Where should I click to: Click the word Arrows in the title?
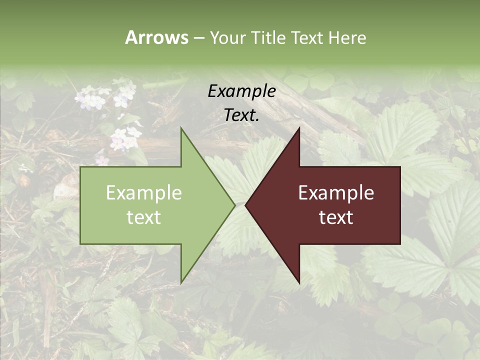pos(156,37)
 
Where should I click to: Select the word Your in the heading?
pos(228,38)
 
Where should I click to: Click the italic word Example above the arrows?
pos(241,91)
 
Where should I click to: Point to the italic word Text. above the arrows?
pos(241,115)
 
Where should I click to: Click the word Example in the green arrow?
pos(144,193)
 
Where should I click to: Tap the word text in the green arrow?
pos(144,217)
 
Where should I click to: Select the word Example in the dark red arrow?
pos(336,193)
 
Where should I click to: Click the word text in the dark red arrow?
pos(336,217)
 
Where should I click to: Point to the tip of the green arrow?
pos(235,205)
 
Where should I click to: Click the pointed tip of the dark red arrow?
pos(245,205)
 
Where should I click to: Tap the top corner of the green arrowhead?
pos(181,128)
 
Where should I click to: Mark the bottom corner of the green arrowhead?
pos(181,283)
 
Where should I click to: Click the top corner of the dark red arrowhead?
pos(299,128)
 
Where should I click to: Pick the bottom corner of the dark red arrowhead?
pos(299,283)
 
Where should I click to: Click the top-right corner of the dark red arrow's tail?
pos(400,167)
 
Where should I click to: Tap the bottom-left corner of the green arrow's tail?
pos(80,244)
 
